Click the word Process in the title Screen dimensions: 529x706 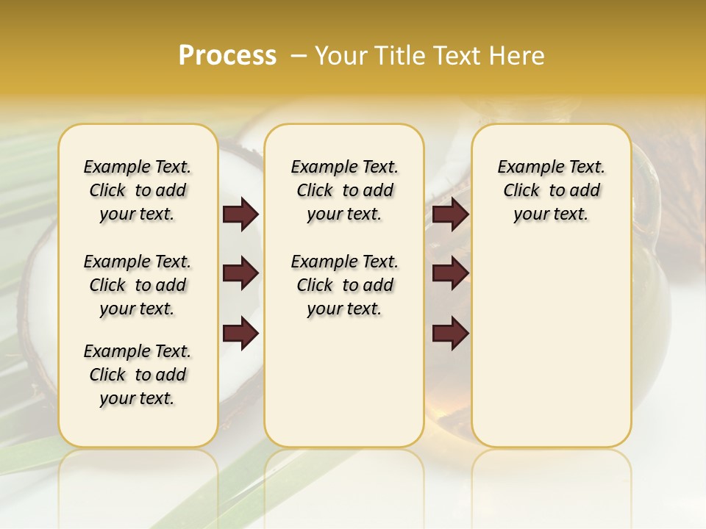pos(227,56)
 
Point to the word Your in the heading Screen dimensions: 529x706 pos(342,56)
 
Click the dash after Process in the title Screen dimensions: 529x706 pos(298,57)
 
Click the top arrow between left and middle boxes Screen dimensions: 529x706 pos(240,215)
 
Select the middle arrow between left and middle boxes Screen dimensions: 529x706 pos(240,274)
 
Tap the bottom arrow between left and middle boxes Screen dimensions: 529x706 pos(240,334)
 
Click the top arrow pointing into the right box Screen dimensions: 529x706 pos(450,215)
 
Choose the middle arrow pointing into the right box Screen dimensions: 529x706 pos(450,274)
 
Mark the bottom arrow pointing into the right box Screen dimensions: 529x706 pos(450,334)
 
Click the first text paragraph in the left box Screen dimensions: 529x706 pos(138,190)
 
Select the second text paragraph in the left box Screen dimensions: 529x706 pos(138,285)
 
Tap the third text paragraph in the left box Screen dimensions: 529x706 pos(138,375)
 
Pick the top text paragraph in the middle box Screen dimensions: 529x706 pos(344,190)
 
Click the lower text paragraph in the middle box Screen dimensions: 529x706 pos(344,285)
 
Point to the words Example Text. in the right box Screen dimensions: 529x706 pos(551,167)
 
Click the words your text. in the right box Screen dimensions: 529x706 pos(551,215)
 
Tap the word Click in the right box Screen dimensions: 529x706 pos(521,190)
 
